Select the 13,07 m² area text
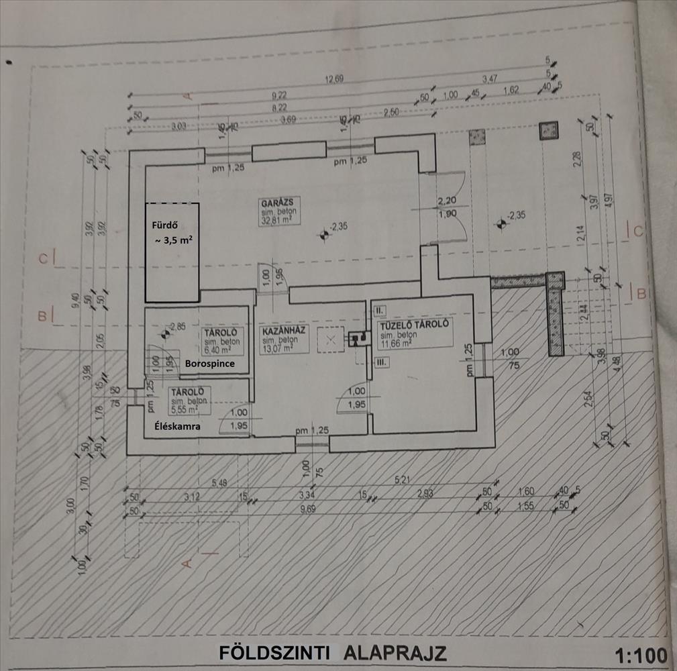[x=277, y=348]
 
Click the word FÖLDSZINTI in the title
[x=274, y=653]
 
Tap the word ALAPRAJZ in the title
[x=396, y=653]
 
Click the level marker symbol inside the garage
[x=323, y=234]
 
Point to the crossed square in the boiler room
[x=330, y=340]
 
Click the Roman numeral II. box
[x=379, y=311]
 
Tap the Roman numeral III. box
[x=380, y=362]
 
